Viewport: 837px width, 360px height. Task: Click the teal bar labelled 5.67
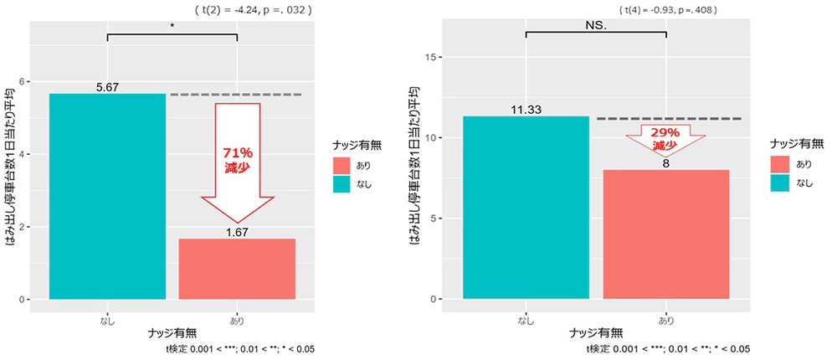point(107,196)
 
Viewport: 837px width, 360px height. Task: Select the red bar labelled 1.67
point(237,268)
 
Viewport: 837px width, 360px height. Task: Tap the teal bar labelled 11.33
point(526,207)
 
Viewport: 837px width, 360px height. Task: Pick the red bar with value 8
point(666,234)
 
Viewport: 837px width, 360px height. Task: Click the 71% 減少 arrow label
point(237,159)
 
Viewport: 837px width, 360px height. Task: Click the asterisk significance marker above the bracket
point(172,26)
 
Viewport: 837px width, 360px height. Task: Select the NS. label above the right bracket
point(596,26)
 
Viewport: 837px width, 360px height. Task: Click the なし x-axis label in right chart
point(526,320)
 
